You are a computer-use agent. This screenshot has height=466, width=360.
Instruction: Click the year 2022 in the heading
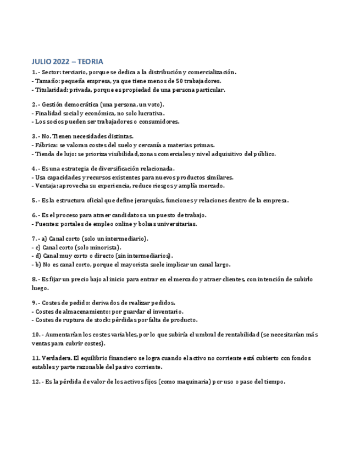[62, 62]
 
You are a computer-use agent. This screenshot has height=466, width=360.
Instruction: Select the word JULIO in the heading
[42, 62]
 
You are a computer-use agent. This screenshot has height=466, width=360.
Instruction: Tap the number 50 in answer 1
[179, 81]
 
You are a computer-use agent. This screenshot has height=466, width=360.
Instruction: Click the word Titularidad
[52, 90]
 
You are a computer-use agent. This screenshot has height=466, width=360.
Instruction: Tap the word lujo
[65, 154]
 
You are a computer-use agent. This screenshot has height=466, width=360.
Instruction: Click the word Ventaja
[48, 186]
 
